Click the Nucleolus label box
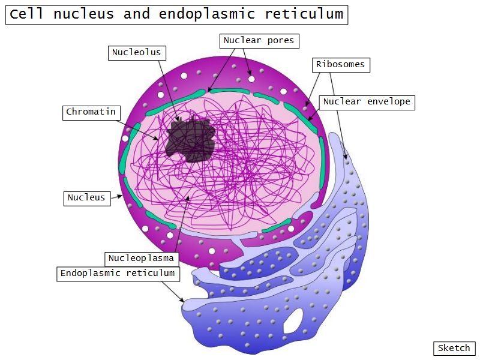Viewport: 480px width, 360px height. [x=137, y=53]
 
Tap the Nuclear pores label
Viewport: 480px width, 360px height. [x=259, y=41]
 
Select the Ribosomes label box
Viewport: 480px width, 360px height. [x=340, y=65]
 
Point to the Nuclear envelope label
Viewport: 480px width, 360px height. [x=367, y=102]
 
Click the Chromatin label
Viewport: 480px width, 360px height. [x=91, y=112]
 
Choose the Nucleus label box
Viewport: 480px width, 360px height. [x=86, y=198]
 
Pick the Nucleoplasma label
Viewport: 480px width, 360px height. [x=141, y=259]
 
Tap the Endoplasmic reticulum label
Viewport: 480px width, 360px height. [x=118, y=274]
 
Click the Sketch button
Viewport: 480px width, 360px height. [x=454, y=349]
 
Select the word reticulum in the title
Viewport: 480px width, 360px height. [x=307, y=14]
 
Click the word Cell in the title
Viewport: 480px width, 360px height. [x=26, y=14]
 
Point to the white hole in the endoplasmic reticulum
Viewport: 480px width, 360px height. [x=294, y=321]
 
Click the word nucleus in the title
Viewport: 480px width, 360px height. [x=83, y=14]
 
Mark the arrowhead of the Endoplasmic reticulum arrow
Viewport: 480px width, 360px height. [x=183, y=301]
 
